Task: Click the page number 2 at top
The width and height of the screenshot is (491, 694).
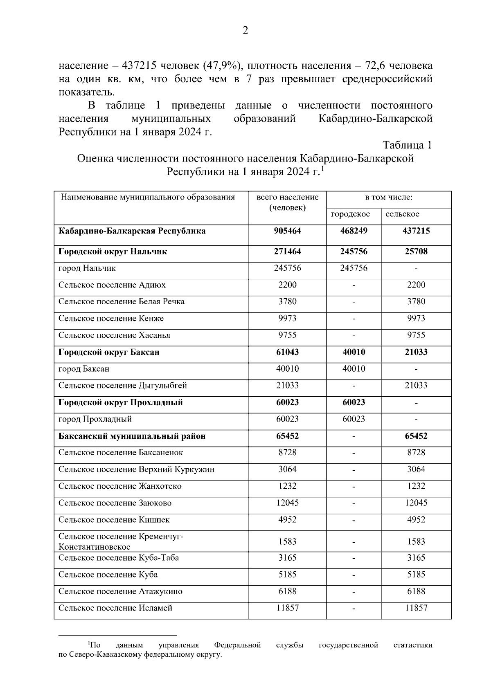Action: click(245, 31)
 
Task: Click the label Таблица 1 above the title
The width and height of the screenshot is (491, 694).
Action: click(407, 145)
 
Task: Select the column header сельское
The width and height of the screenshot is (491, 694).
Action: click(402, 214)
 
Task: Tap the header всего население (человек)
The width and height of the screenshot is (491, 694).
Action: click(287, 202)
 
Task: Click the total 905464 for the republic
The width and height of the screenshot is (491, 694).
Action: click(287, 231)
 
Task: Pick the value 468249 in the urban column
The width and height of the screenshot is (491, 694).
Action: click(354, 231)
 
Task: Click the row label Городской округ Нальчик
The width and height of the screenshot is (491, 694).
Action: click(113, 252)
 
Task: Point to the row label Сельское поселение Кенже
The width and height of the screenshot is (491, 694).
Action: click(111, 319)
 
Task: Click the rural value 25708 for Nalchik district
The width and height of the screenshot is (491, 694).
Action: click(416, 252)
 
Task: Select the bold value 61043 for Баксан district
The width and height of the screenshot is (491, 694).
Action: click(287, 352)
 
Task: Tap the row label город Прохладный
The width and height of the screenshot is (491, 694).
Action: click(95, 419)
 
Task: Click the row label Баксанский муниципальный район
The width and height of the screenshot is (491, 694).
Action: click(132, 436)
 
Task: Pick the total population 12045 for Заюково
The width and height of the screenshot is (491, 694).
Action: click(287, 503)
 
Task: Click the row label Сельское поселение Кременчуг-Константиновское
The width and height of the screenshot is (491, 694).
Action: click(121, 541)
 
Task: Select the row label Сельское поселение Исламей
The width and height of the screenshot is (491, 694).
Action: click(115, 608)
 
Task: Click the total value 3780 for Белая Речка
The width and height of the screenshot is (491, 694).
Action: click(287, 302)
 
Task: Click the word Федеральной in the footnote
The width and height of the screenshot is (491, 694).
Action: click(237, 645)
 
